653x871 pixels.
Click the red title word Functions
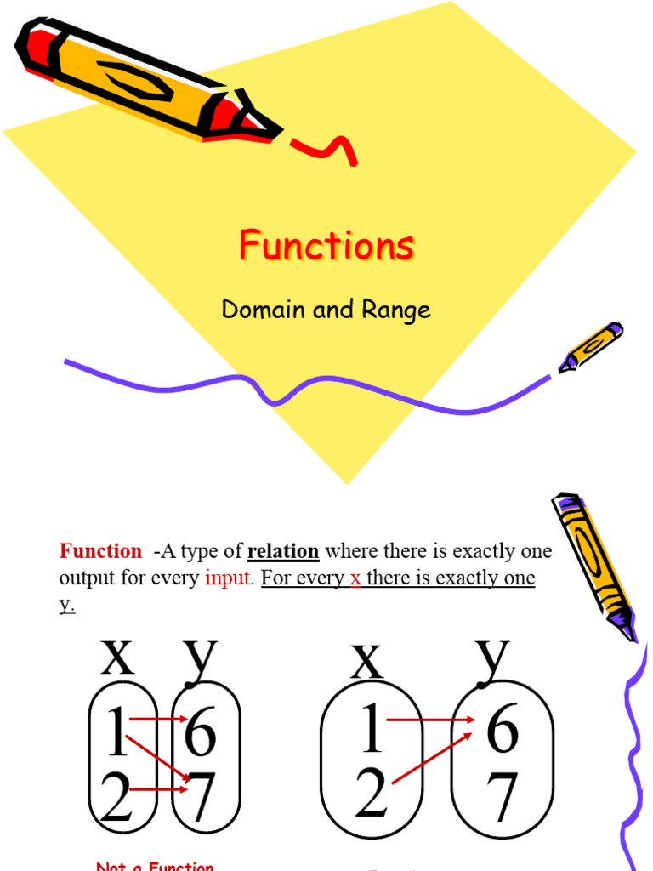point(326,246)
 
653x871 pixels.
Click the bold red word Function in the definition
point(100,551)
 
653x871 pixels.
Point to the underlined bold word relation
point(283,551)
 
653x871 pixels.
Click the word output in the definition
point(88,578)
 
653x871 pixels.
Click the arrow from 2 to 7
point(157,790)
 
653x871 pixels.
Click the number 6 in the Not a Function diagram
point(201,733)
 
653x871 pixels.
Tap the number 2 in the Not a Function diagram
point(116,797)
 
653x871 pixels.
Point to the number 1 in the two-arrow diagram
point(372,730)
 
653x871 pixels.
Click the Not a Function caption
point(155,865)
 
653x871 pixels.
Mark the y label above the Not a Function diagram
point(201,658)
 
